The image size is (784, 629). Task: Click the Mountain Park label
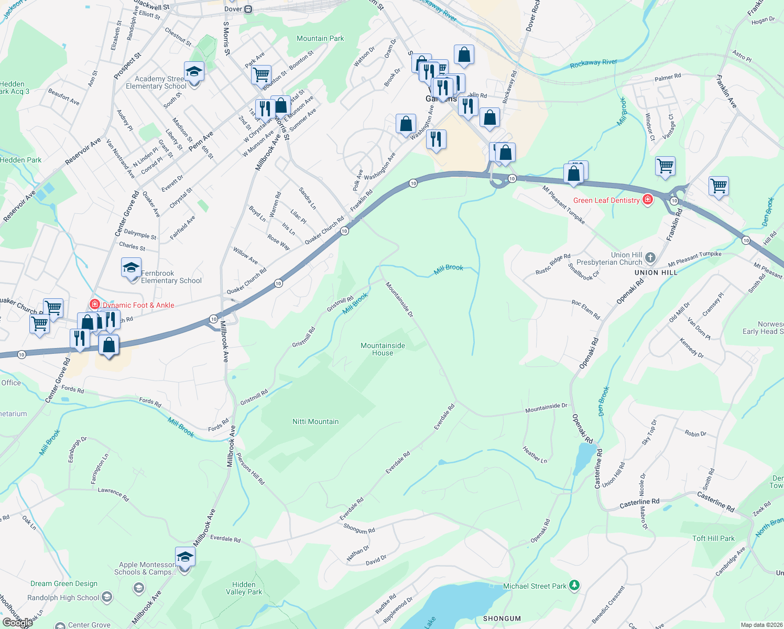pyautogui.click(x=320, y=38)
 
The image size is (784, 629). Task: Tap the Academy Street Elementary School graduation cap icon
pyautogui.click(x=194, y=72)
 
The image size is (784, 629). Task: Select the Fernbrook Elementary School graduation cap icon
pyautogui.click(x=131, y=268)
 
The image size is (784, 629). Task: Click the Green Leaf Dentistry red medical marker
pyautogui.click(x=648, y=200)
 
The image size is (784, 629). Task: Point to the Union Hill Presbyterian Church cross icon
pyautogui.click(x=650, y=257)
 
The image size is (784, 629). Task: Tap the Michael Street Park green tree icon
pyautogui.click(x=574, y=585)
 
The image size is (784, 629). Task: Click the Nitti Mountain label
pyautogui.click(x=315, y=421)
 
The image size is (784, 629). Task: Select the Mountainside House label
pyautogui.click(x=383, y=349)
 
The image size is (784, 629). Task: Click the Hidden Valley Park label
pyautogui.click(x=244, y=588)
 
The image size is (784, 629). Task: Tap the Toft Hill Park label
pyautogui.click(x=713, y=538)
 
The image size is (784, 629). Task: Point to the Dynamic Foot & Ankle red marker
pyautogui.click(x=95, y=304)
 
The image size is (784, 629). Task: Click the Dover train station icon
pyautogui.click(x=248, y=9)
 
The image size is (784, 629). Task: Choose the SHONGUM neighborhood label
pyautogui.click(x=502, y=619)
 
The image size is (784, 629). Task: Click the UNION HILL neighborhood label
pyautogui.click(x=656, y=273)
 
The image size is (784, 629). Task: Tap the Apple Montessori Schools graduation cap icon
pyautogui.click(x=185, y=557)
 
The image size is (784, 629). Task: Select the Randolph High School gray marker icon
pyautogui.click(x=107, y=597)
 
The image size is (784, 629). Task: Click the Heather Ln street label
pyautogui.click(x=535, y=454)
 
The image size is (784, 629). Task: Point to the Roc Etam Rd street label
pyautogui.click(x=585, y=310)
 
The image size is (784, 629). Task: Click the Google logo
pyautogui.click(x=17, y=622)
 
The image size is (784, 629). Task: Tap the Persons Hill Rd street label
pyautogui.click(x=251, y=469)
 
